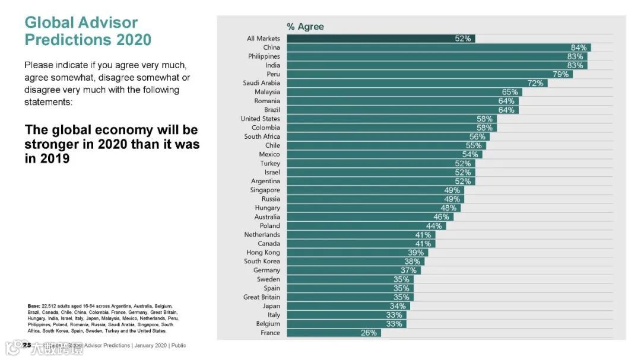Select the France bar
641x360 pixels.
(334, 333)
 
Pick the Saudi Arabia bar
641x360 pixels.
(417, 83)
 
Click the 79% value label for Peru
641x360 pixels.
(561, 74)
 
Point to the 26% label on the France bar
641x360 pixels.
(369, 333)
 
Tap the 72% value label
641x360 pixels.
(535, 83)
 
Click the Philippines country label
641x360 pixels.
(264, 56)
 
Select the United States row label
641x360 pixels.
(260, 119)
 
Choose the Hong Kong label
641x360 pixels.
(263, 253)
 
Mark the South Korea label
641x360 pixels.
(262, 262)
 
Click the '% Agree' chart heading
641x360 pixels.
(305, 27)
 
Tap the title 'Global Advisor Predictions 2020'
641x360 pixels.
(88, 31)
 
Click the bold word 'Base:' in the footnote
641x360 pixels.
(34, 306)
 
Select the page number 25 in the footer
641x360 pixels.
(27, 345)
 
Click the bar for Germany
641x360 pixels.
(353, 270)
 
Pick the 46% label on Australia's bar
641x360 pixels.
(441, 217)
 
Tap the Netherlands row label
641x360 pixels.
(262, 235)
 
